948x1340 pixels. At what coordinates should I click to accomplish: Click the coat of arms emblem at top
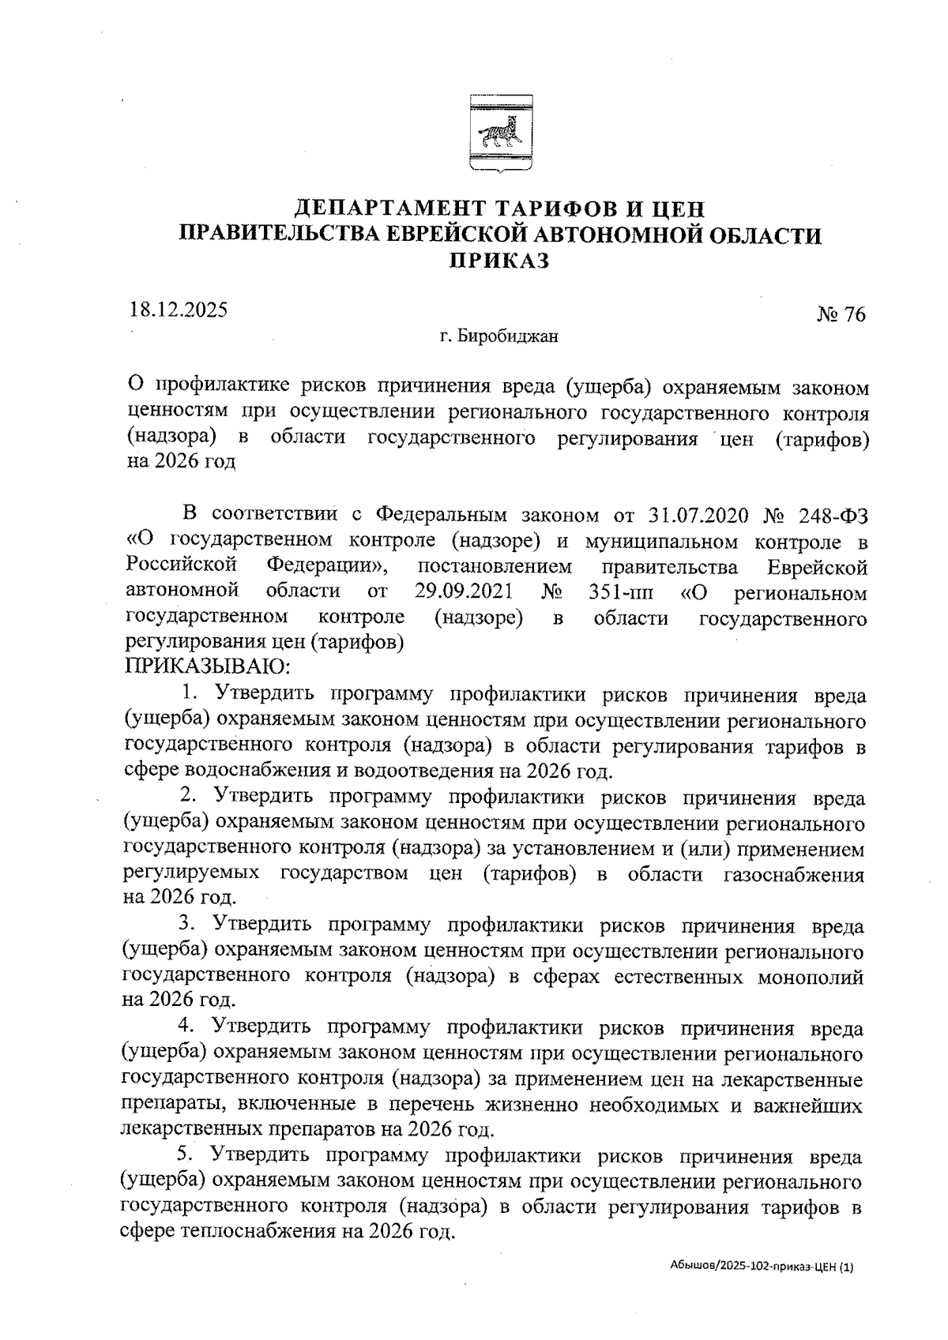(499, 133)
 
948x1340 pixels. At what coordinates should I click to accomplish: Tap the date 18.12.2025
(179, 309)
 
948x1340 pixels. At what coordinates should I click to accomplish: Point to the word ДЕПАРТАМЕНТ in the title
(386, 209)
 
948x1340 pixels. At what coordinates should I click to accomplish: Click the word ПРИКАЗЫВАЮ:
(207, 667)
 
